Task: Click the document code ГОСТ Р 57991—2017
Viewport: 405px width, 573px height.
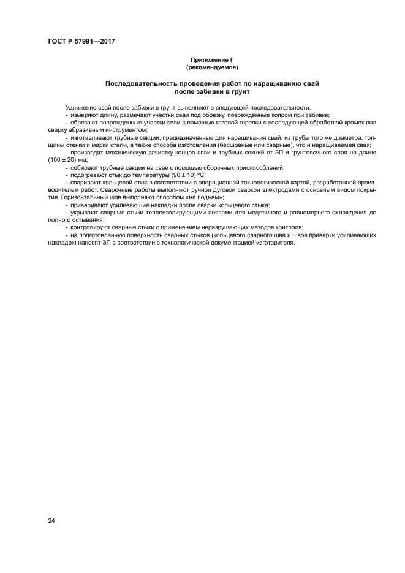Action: coord(81,41)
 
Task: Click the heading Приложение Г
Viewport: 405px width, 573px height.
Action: coord(211,60)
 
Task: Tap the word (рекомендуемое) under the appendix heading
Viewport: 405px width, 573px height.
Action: coord(211,67)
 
